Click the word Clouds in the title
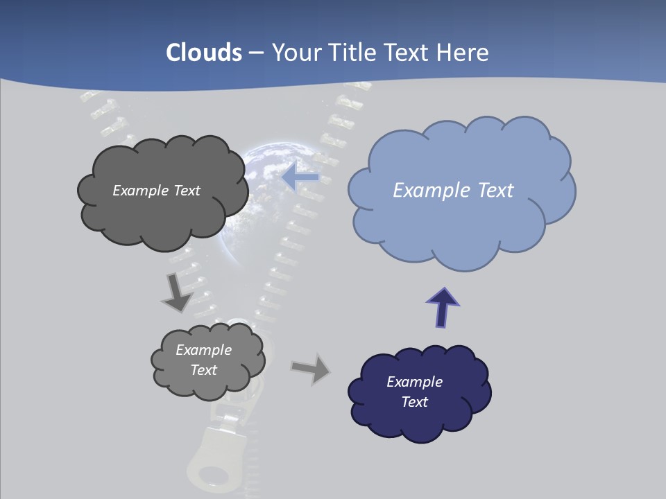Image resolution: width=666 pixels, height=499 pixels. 204,53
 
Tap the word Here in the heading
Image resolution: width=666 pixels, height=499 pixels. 462,53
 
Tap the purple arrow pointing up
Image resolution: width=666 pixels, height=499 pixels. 443,307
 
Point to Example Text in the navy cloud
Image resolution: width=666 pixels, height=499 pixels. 414,392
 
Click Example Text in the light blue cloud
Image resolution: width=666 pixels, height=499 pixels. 453,190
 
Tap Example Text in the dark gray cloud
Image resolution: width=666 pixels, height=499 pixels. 156,190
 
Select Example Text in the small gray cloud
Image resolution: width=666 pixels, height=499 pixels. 203,360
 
